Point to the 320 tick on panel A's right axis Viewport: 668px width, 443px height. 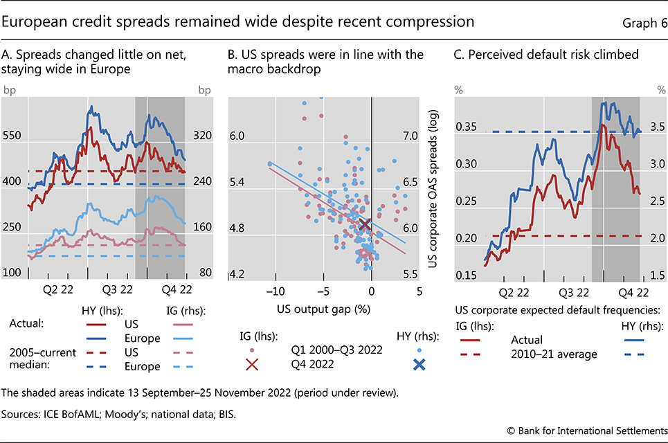tap(202, 136)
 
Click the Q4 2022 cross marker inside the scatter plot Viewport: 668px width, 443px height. tap(365, 224)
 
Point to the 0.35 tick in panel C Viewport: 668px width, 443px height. tap(467, 128)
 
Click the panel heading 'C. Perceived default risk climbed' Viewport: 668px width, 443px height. tap(546, 54)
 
